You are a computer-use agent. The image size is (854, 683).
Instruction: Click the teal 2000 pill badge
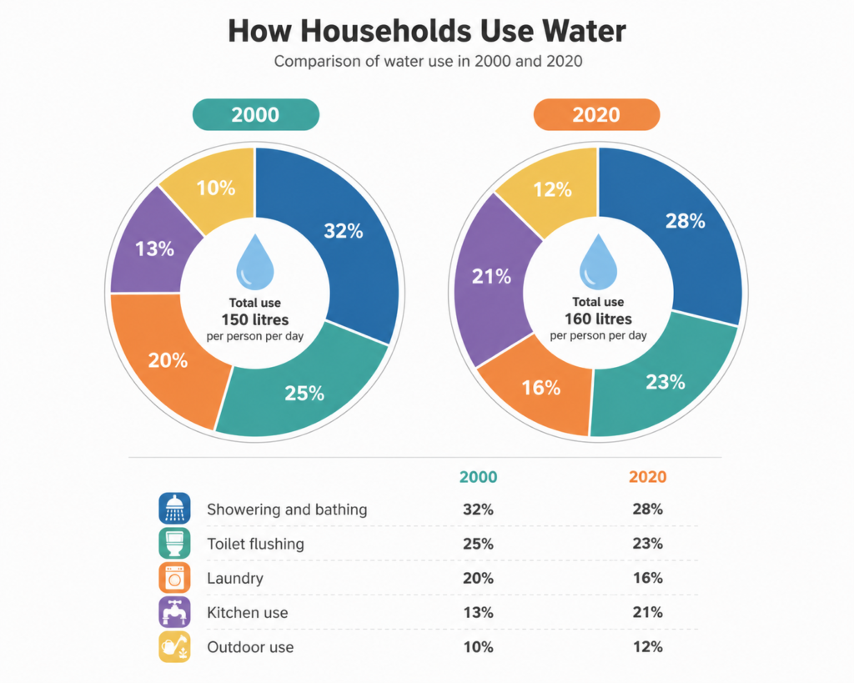coord(256,114)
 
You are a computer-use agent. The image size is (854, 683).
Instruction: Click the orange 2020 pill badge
coord(596,114)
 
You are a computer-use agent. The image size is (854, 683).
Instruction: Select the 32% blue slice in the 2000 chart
coord(349,234)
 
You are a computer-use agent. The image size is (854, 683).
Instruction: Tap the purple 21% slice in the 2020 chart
coord(490,278)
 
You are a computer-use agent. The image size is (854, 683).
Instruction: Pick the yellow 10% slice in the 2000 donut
coord(215,188)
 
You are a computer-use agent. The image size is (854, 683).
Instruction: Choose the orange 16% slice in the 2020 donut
coord(540,388)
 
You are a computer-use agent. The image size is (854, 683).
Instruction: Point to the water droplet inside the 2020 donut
coord(598,262)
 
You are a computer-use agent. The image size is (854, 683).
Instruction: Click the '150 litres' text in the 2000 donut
coord(255,319)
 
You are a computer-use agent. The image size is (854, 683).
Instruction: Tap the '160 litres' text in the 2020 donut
coord(598,319)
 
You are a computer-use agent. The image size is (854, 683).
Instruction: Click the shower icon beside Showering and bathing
coord(175,508)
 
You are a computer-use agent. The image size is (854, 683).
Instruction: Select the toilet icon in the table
coord(175,543)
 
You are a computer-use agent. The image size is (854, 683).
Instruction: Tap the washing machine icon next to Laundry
coord(175,577)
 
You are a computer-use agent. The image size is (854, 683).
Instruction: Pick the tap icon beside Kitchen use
coord(175,612)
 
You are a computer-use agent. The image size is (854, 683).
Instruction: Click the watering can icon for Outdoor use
coord(175,646)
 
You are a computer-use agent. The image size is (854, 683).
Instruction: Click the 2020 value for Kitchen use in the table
coord(647,612)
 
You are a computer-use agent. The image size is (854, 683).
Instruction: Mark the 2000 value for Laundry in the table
coord(478,578)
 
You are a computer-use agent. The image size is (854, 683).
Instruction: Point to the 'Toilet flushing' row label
coord(255,544)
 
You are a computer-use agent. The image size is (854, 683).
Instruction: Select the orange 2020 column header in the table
coord(647,477)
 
